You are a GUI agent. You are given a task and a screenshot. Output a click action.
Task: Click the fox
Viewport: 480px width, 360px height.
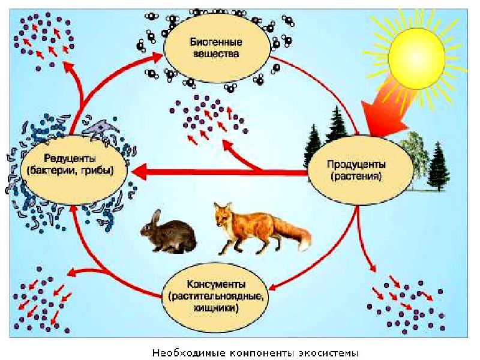coord(255,228)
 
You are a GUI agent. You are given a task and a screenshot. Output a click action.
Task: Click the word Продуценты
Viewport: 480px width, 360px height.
coord(356,164)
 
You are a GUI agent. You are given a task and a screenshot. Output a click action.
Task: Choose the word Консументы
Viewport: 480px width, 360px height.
coord(215,284)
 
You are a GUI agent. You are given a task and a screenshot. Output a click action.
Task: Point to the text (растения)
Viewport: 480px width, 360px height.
coord(356,177)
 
